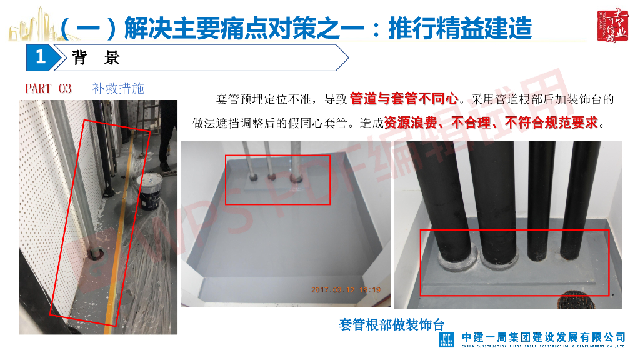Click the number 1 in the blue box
tap(41, 58)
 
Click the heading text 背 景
tap(96, 58)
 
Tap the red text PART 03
tap(48, 88)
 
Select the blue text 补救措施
tap(118, 88)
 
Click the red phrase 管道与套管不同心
tap(404, 99)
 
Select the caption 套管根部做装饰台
tap(391, 325)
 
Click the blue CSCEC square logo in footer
tap(446, 341)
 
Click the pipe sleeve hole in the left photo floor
tap(97, 253)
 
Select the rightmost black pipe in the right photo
tap(574, 200)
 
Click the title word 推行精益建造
tap(460, 28)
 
